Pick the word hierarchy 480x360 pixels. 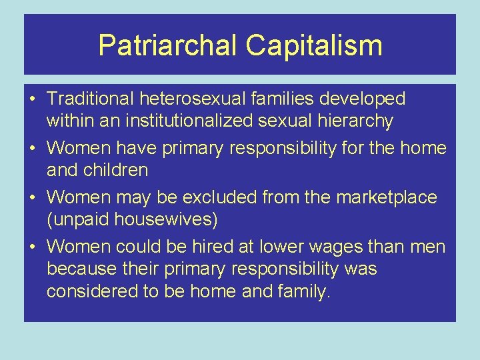coord(354,121)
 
